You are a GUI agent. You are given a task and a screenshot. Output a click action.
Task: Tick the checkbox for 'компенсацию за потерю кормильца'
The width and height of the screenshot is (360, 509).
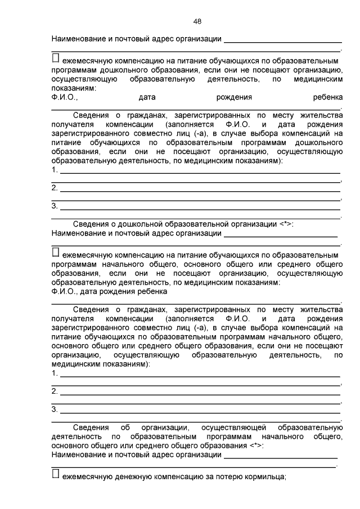pyautogui.click(x=55, y=475)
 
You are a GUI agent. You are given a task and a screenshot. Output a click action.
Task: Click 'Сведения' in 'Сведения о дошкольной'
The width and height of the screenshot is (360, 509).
pyautogui.click(x=91, y=223)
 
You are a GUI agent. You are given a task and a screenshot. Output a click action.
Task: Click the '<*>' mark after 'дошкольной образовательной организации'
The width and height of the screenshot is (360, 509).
pyautogui.click(x=286, y=223)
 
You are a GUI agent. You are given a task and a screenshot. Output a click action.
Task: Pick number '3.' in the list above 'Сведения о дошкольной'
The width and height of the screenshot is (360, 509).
pyautogui.click(x=55, y=206)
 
